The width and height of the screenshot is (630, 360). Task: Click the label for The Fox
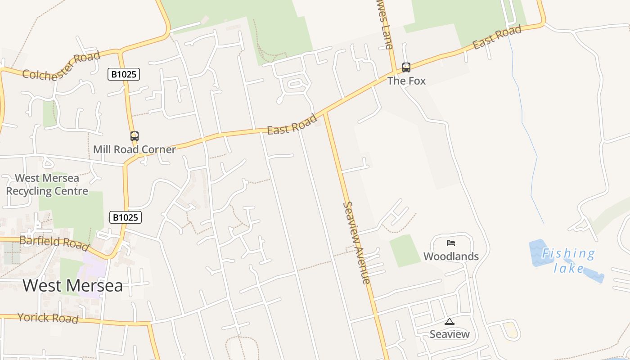point(406,81)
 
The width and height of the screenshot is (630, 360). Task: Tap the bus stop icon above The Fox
point(406,67)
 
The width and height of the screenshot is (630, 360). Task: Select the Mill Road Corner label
point(134,149)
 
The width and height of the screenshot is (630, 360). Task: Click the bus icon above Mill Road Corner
point(134,136)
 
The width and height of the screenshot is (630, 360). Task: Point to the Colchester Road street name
point(62,66)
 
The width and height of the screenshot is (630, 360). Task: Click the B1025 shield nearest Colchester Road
point(124,74)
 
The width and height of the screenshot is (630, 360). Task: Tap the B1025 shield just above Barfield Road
point(126,218)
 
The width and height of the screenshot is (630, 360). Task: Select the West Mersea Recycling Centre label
point(47,184)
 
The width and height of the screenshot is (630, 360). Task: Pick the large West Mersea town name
point(72,286)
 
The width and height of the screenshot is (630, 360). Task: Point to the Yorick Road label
point(48,318)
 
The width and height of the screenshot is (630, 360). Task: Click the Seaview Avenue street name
point(357,243)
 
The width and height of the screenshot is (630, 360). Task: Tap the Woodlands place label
point(451,256)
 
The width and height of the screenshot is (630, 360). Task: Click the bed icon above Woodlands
point(451,243)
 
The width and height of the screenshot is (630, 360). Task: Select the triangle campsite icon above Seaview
point(449,321)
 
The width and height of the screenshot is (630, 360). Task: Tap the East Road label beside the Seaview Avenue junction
point(292,124)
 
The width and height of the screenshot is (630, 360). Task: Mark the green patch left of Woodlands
point(405,250)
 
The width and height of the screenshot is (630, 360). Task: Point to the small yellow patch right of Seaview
point(510,329)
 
